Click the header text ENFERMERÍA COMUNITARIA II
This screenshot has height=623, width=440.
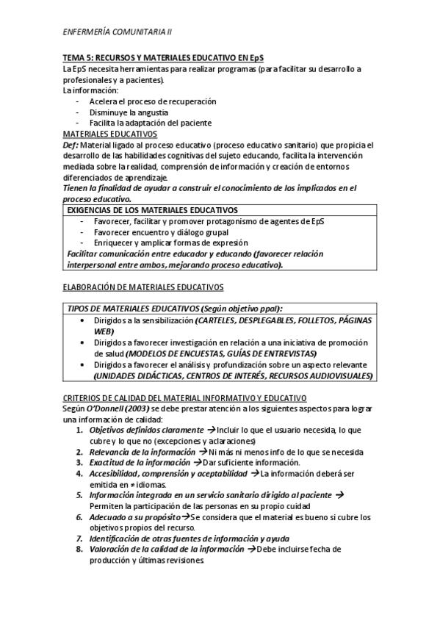point(118,32)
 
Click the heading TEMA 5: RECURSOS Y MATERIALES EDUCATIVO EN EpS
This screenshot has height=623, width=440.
point(163,58)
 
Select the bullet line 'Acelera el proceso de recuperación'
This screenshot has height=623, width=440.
point(153,101)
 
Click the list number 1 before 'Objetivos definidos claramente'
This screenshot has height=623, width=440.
point(79,430)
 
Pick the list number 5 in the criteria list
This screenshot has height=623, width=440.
point(79,495)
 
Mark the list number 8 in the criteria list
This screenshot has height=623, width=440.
point(79,550)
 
